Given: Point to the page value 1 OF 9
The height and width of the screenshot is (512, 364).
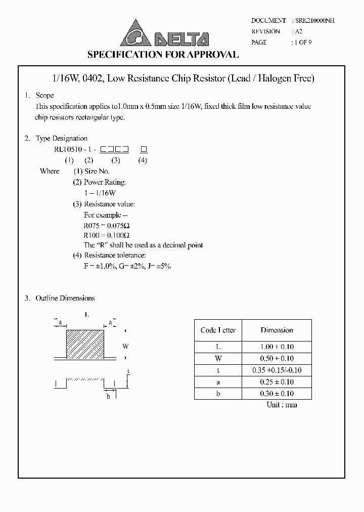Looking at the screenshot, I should point(303,42).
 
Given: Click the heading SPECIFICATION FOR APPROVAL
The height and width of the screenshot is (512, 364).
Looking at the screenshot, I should point(163,55).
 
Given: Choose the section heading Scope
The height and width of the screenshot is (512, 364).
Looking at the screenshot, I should point(44,96).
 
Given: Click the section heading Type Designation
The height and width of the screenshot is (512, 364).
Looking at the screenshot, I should point(61,139).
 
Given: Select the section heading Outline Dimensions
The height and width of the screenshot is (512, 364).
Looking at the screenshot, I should point(65,298).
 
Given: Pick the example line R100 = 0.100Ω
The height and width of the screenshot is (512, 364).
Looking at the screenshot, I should point(107,236).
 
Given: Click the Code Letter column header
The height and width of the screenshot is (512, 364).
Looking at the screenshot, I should point(218,330).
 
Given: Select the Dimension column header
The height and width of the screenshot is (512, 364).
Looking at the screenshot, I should point(277,330).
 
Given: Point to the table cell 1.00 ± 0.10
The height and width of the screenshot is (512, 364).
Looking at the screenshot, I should point(277,347).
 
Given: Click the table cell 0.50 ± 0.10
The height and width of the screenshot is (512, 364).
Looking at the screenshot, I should point(277,359).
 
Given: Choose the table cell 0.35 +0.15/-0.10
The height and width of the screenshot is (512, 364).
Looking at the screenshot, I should point(277,370).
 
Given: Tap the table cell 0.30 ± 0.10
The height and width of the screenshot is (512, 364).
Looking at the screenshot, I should point(277,394).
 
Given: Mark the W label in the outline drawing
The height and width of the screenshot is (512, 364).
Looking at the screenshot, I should point(125,347).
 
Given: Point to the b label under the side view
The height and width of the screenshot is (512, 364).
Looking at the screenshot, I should point(108,396).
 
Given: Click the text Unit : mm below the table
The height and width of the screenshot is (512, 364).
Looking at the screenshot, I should point(282,405).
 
